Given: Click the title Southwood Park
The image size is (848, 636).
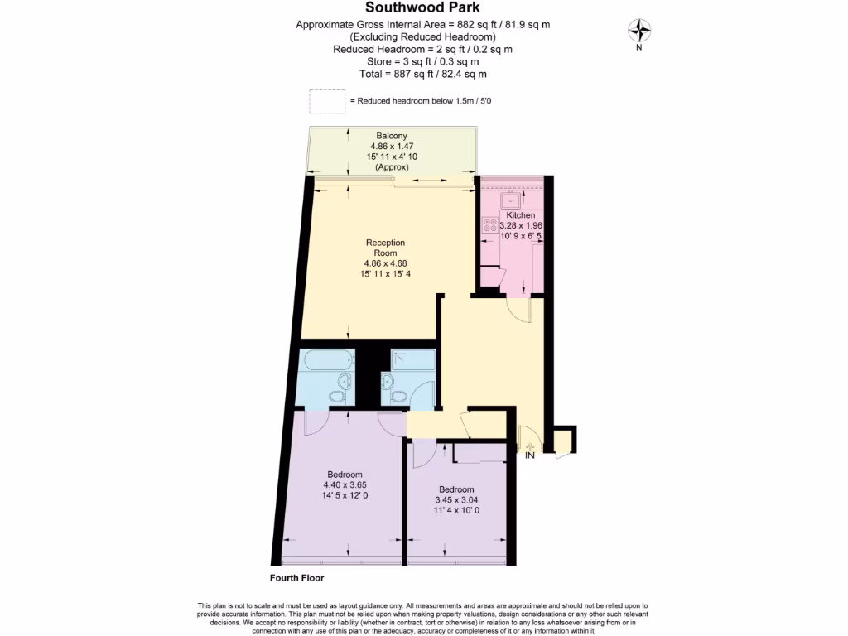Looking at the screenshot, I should click(x=423, y=8).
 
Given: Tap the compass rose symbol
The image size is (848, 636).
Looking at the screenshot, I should click(x=639, y=31).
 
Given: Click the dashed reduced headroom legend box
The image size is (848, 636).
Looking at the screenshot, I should click(x=327, y=101).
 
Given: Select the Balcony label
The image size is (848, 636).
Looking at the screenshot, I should click(x=392, y=136).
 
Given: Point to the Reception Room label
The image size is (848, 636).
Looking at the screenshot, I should click(x=386, y=248).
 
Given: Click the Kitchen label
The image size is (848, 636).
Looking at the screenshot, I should click(x=521, y=215).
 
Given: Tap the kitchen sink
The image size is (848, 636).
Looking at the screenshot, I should click(x=513, y=199).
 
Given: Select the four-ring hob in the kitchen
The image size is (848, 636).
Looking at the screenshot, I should click(x=489, y=224).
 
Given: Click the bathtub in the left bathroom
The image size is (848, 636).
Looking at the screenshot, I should click(x=329, y=361).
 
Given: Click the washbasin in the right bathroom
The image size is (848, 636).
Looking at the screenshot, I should click(x=386, y=382).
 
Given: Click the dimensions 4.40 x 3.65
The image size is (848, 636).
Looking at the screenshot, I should click(x=344, y=486).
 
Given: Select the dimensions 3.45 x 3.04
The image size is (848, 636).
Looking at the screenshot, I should click(x=457, y=499).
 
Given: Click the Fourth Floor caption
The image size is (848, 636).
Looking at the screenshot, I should click(x=296, y=578).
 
